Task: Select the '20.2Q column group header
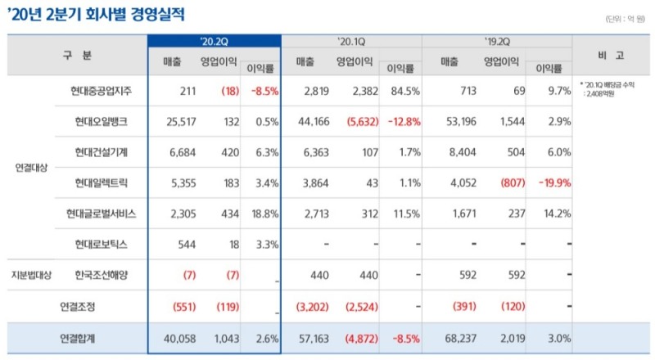click(215, 41)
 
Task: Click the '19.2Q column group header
click(498, 41)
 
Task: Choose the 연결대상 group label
click(32, 168)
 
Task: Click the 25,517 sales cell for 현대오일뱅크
click(180, 121)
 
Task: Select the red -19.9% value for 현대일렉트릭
click(553, 182)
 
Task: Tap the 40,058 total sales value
click(180, 337)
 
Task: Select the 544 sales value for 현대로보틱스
click(187, 244)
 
